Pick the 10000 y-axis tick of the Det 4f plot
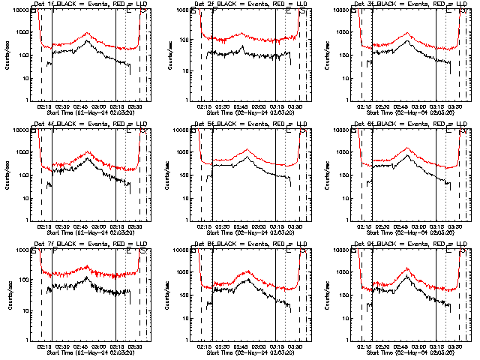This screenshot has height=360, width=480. tap(19, 130)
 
